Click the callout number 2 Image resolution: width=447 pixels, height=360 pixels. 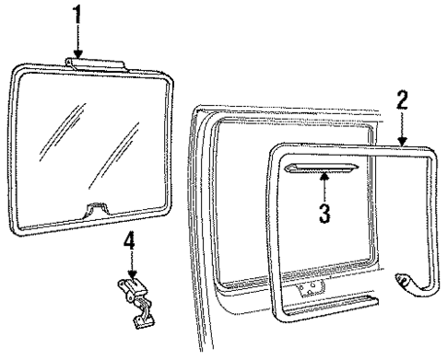pyautogui.click(x=402, y=99)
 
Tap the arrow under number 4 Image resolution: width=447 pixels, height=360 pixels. pyautogui.click(x=131, y=269)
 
